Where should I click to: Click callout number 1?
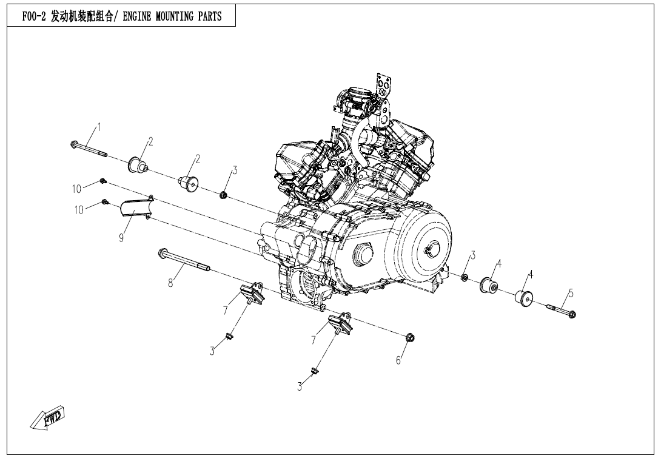(x=99, y=127)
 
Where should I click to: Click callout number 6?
(x=398, y=360)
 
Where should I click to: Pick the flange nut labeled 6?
(x=410, y=337)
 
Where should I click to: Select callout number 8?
(x=171, y=281)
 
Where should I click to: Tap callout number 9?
(x=121, y=238)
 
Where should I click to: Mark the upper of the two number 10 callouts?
(x=76, y=189)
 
